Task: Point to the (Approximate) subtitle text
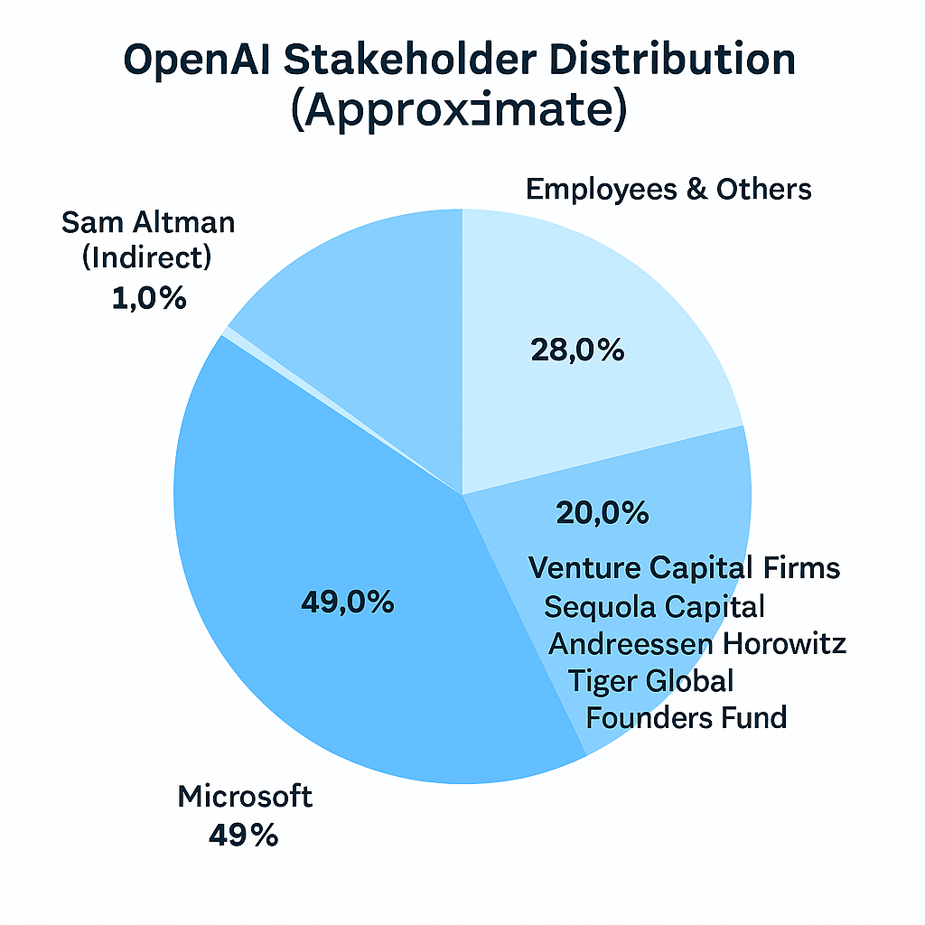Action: [x=460, y=114]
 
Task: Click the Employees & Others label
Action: [x=668, y=190]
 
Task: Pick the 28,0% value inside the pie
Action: [x=579, y=350]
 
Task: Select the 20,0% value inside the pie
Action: [x=602, y=513]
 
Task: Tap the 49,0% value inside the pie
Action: [x=347, y=602]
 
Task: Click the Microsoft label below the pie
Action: [x=245, y=797]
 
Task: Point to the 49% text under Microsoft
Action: [x=243, y=836]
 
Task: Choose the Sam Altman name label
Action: [x=148, y=221]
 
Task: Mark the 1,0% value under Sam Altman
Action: [x=150, y=298]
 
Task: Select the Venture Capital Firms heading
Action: [x=684, y=568]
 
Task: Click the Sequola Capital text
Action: [x=654, y=606]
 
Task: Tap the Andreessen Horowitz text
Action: [x=697, y=644]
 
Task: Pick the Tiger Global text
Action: [x=650, y=680]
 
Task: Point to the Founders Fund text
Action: [x=687, y=718]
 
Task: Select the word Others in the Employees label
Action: [x=764, y=190]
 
